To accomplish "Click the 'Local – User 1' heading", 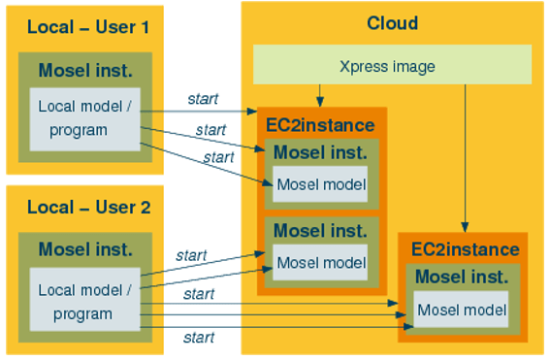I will [88, 27].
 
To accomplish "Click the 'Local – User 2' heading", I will [88, 207].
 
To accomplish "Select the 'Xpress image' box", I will [392, 66].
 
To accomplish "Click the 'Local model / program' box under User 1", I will [83, 117].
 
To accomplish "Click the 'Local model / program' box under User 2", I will [83, 302].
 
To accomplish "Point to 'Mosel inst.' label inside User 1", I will [85, 70].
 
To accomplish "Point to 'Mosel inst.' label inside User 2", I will [85, 249].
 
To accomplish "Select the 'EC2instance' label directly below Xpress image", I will [320, 125].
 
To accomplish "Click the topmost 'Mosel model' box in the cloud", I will [321, 185].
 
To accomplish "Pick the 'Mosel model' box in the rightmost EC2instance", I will [462, 311].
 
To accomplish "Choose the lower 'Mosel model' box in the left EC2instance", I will [321, 262].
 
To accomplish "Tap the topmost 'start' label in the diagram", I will [203, 98].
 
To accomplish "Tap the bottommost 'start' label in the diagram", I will [198, 338].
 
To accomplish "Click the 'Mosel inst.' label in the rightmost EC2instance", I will [463, 277].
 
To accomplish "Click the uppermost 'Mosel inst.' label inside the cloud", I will [320, 152].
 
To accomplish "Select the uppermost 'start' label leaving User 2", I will [191, 256].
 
